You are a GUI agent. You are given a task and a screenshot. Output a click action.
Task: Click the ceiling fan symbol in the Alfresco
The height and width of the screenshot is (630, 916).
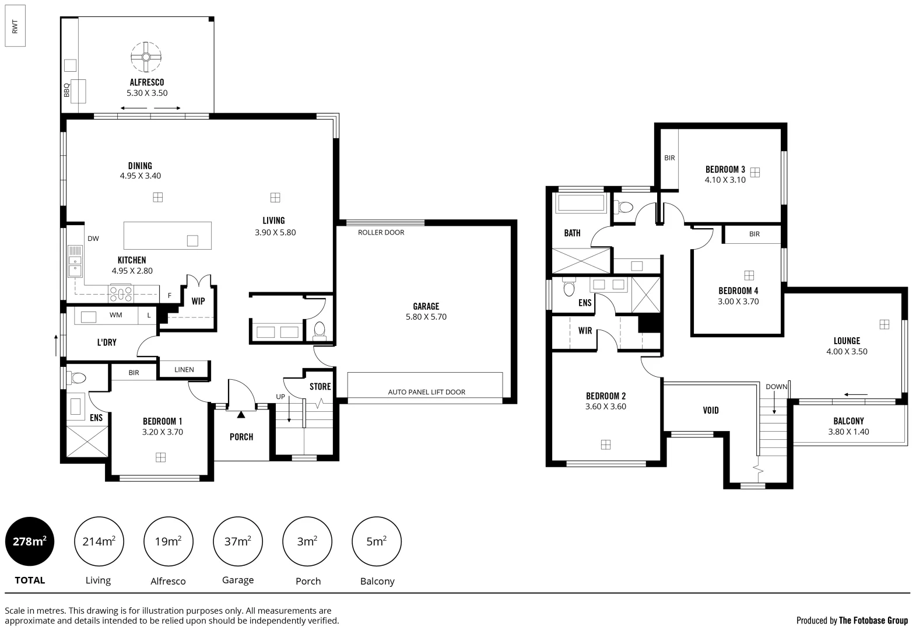(146, 57)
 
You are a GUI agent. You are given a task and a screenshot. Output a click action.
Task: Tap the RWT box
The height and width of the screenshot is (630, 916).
(15, 26)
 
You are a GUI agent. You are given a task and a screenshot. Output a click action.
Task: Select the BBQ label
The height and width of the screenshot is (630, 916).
(66, 90)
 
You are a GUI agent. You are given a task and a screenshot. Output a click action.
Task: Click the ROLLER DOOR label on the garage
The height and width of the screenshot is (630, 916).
(381, 232)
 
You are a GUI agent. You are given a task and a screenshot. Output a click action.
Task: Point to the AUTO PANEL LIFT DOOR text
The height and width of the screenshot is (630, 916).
(426, 392)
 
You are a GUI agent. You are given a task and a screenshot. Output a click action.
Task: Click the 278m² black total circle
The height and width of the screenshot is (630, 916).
(30, 541)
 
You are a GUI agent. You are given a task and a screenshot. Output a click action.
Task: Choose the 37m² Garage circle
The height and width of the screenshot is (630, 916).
(238, 541)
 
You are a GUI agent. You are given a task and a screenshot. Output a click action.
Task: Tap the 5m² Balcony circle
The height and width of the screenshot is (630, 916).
(377, 541)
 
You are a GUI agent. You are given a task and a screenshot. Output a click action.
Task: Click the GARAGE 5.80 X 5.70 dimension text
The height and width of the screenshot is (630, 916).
(426, 317)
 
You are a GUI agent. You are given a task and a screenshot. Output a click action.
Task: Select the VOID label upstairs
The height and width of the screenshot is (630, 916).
(711, 411)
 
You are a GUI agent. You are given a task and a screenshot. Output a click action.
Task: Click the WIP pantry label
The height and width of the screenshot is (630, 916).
(198, 302)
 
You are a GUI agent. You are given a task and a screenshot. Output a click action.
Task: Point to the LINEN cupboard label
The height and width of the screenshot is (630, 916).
(184, 369)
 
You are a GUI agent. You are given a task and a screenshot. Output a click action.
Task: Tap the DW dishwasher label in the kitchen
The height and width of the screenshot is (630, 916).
(93, 239)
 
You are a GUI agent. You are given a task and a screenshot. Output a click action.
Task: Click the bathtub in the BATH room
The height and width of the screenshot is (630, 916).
(581, 204)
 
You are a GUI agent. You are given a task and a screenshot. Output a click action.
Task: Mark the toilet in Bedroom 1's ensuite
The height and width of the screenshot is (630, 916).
(78, 378)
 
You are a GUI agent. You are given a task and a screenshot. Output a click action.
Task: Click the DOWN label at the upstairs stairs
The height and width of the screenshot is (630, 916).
(776, 387)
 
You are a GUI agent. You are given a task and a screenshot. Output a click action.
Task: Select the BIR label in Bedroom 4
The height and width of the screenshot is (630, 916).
(754, 234)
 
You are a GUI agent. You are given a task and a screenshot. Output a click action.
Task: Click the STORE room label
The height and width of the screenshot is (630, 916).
(320, 387)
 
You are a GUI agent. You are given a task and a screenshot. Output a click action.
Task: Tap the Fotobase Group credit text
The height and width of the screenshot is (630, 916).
(852, 620)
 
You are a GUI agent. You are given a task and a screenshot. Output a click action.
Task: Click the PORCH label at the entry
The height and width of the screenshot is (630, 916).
(241, 437)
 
